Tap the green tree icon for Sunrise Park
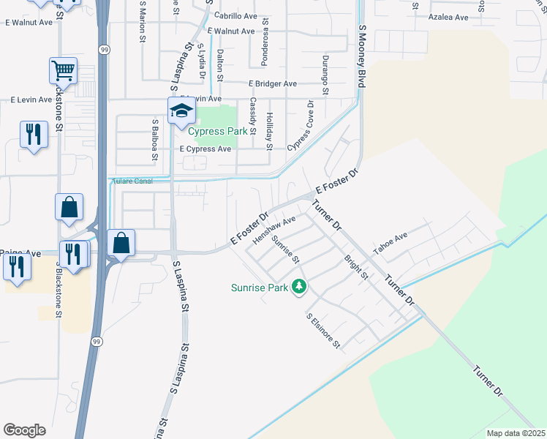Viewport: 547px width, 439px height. point(298,287)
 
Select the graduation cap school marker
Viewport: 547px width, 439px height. point(181,112)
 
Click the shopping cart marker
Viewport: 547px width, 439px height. point(64,72)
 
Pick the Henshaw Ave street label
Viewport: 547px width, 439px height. point(273,230)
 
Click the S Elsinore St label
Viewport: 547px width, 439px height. point(322,331)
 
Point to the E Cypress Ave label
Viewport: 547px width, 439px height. point(205,149)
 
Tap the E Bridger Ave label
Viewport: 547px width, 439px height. point(272,84)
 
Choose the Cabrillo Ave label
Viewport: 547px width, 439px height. point(235,16)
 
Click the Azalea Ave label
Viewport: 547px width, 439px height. point(448,17)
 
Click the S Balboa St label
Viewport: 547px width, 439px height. point(155,138)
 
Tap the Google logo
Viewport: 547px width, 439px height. point(24,430)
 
